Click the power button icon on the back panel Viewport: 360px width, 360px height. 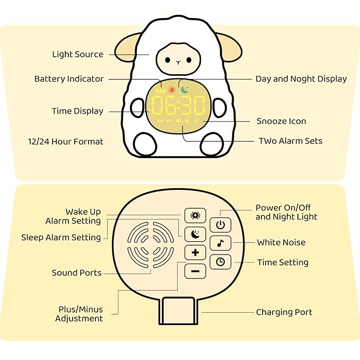tap(220, 225)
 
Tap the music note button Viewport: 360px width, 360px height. tap(220, 243)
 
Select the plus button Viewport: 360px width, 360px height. tap(195, 252)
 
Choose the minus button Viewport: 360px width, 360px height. tap(195, 271)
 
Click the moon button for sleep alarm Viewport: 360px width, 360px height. tap(195, 233)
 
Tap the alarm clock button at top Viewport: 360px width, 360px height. tap(195, 215)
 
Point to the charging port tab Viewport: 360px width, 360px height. tap(178, 311)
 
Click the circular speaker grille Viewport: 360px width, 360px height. tap(151, 245)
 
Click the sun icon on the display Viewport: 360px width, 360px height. tap(171, 90)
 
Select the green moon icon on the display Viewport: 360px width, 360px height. tap(184, 90)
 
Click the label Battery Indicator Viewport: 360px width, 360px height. tap(69, 79)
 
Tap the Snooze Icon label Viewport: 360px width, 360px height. tap(281, 121)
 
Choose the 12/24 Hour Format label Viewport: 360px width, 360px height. tap(66, 142)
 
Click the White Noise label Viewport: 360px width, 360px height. tap(281, 242)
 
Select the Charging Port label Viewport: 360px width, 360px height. tap(284, 312)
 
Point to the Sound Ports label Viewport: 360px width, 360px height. tap(76, 273)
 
